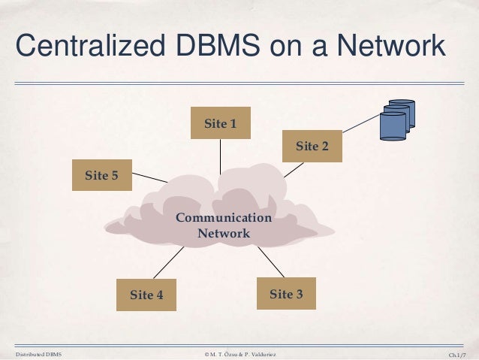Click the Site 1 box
(x=220, y=123)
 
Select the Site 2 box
(x=312, y=146)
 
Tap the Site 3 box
(x=286, y=294)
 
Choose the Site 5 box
(x=101, y=176)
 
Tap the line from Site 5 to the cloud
(x=149, y=179)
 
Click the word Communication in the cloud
(x=224, y=218)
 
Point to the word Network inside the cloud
(x=224, y=233)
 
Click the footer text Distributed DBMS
(x=38, y=352)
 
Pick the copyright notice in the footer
(x=239, y=352)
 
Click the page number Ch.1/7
(x=456, y=352)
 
